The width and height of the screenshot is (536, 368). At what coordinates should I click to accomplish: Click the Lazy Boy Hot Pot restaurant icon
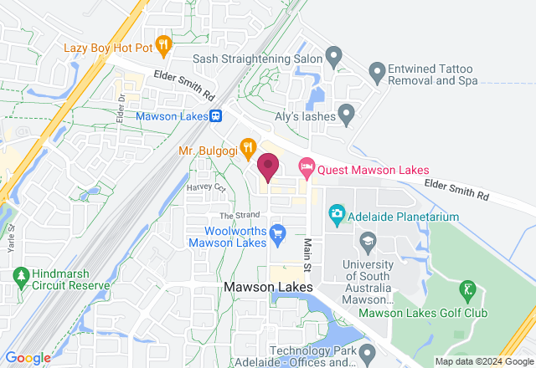(163, 43)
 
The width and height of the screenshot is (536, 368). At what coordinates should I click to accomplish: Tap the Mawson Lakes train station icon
(216, 116)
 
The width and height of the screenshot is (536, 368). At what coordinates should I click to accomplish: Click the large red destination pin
(268, 167)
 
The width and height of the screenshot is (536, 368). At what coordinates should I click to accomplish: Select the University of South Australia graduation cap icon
(366, 242)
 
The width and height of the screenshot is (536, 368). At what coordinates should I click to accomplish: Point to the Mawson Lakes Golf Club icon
(466, 291)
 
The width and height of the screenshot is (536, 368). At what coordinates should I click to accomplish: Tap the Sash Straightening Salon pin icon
(334, 59)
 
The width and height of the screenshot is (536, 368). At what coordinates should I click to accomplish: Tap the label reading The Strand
(235, 216)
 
